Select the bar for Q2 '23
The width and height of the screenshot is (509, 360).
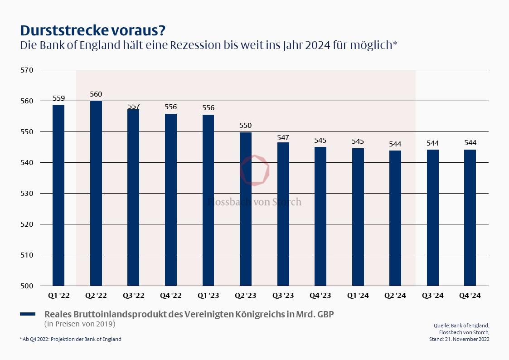click(246, 209)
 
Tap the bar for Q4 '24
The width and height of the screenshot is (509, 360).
click(470, 218)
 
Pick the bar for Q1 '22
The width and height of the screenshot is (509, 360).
click(58, 195)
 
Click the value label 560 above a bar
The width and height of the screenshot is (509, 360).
click(96, 94)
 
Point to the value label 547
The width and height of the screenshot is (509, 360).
click(283, 137)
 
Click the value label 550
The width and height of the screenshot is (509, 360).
click(246, 126)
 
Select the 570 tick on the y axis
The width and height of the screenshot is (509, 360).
click(28, 70)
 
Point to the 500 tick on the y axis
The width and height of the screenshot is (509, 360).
click(28, 286)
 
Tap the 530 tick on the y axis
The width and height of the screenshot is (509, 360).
click(28, 194)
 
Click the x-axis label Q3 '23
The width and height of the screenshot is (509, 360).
click(283, 296)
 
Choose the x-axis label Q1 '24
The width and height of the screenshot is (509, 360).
click(358, 296)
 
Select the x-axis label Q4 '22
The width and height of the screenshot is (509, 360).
click(171, 296)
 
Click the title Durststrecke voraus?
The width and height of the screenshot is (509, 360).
click(93, 30)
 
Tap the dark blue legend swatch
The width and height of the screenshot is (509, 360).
click(28, 314)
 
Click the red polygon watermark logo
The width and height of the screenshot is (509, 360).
click(255, 170)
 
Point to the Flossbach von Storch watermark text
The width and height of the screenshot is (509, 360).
click(254, 202)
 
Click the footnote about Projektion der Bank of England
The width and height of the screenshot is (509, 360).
click(71, 339)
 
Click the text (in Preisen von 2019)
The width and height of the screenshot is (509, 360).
click(80, 324)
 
